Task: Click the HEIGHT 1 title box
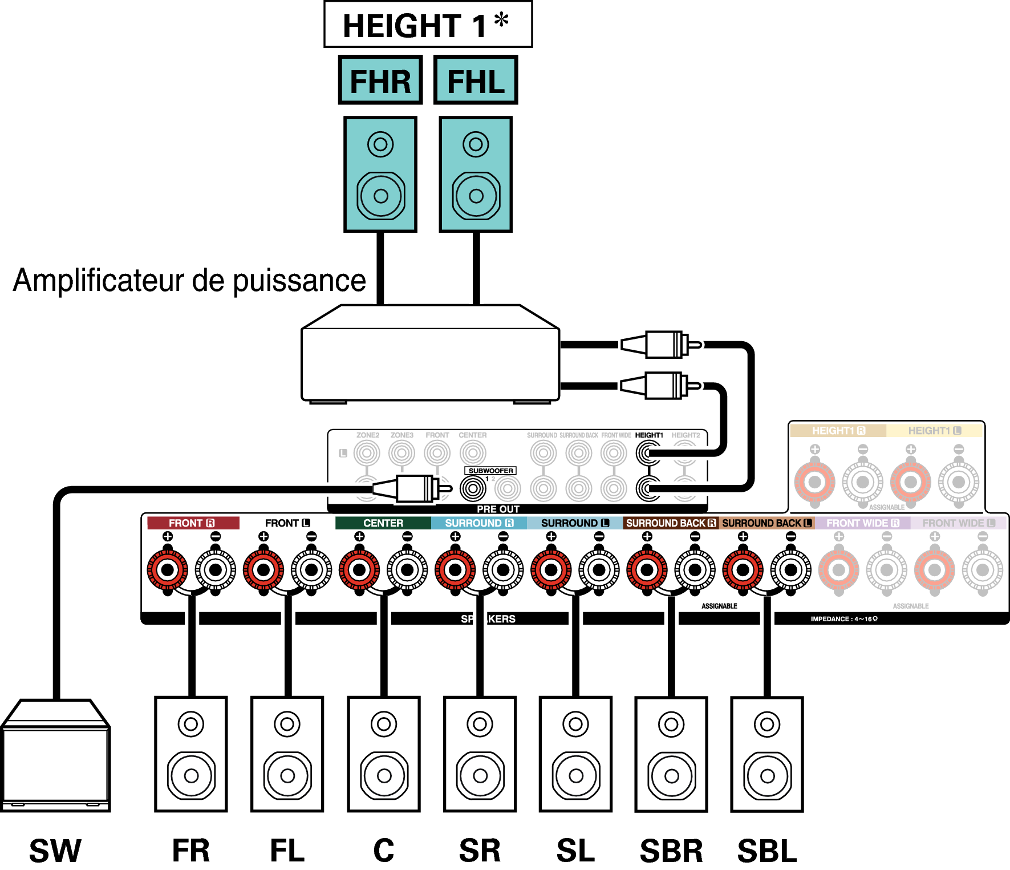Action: (x=428, y=25)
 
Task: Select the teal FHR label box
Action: (x=380, y=80)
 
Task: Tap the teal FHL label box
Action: (x=476, y=80)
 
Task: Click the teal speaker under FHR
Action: (x=380, y=175)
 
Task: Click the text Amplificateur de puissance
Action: (x=189, y=281)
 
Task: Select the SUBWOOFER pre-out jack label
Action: (x=490, y=471)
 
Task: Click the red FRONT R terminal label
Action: (x=192, y=523)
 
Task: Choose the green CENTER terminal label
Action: (x=383, y=523)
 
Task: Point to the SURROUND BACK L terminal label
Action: (x=766, y=523)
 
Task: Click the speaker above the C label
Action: (x=384, y=754)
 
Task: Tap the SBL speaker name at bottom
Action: (x=767, y=851)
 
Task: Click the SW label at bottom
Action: (x=55, y=851)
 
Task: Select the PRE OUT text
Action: (x=498, y=509)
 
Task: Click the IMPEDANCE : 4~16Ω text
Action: (x=844, y=619)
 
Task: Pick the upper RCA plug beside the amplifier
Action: (x=662, y=345)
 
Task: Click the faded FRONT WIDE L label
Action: (x=958, y=523)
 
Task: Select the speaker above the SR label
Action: (x=480, y=754)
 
